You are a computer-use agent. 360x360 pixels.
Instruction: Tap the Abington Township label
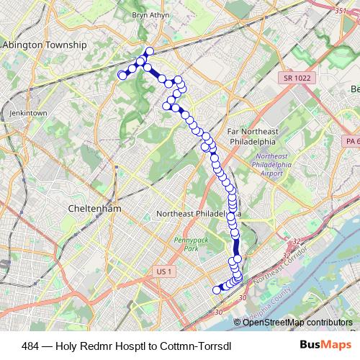point(45,45)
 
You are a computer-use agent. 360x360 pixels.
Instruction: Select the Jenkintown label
point(28,114)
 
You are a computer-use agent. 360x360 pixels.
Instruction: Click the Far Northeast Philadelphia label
point(252,137)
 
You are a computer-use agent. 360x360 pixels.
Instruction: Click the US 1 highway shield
point(165,271)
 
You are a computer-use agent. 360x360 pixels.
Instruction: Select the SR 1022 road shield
point(294,76)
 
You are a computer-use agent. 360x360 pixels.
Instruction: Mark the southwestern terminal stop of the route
point(217,290)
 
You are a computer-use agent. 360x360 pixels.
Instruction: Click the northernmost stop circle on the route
point(150,51)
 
